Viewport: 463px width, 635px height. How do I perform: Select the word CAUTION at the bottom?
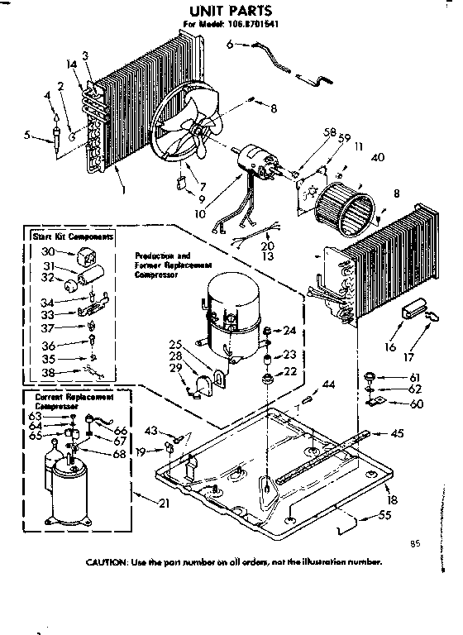point(112,561)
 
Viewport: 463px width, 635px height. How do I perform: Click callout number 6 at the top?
point(229,45)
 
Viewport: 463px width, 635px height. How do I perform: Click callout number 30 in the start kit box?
point(47,251)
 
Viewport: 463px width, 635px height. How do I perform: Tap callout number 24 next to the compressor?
point(289,331)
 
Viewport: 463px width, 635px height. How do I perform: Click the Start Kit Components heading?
point(63,236)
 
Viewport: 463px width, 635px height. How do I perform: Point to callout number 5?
point(29,134)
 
